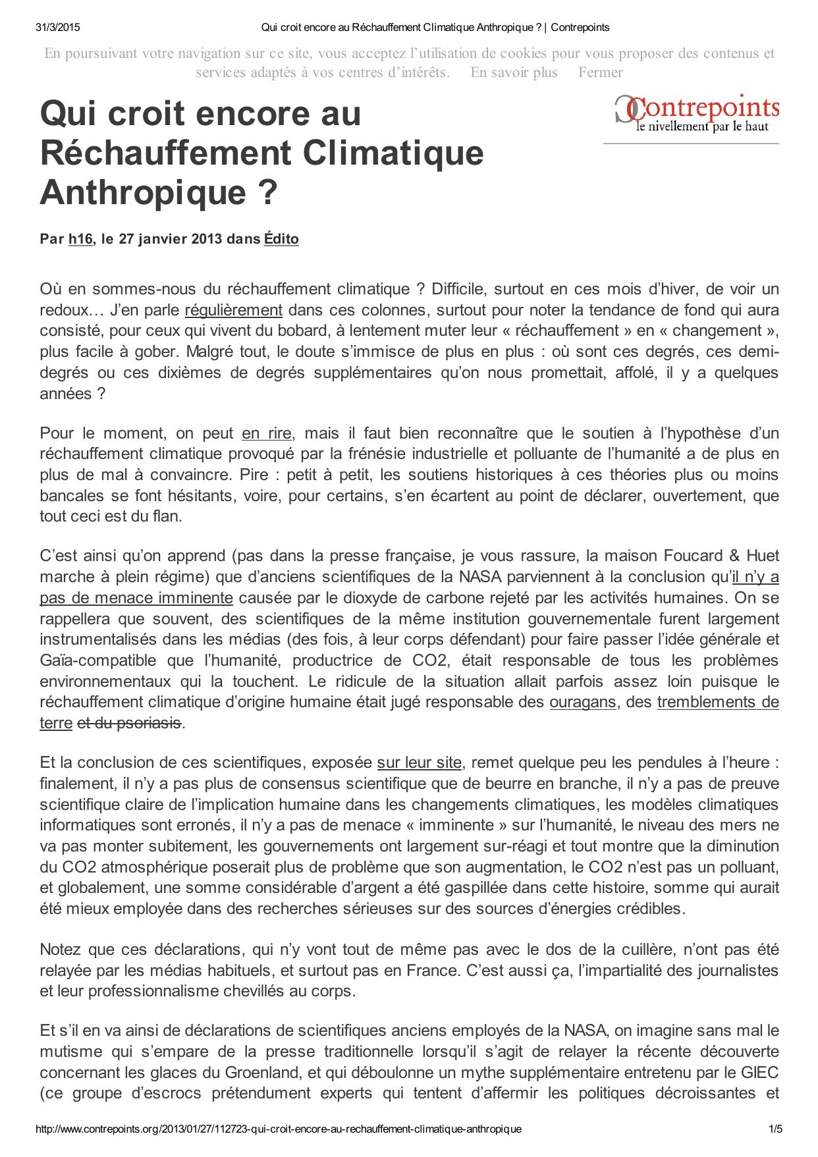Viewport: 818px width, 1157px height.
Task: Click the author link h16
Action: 80,239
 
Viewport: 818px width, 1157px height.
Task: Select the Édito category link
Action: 281,239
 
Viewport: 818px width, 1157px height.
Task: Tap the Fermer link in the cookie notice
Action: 600,72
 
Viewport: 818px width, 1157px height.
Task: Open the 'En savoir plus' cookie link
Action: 514,72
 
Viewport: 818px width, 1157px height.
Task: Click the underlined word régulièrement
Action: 233,309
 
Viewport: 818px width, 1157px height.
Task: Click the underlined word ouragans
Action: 583,702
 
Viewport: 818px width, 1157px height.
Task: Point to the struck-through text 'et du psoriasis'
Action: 129,723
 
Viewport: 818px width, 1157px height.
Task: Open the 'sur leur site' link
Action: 419,763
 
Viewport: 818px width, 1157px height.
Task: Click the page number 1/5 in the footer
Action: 775,1129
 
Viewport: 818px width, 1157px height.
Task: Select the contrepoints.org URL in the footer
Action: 278,1129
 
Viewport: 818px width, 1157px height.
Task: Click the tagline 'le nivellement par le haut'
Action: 701,126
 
